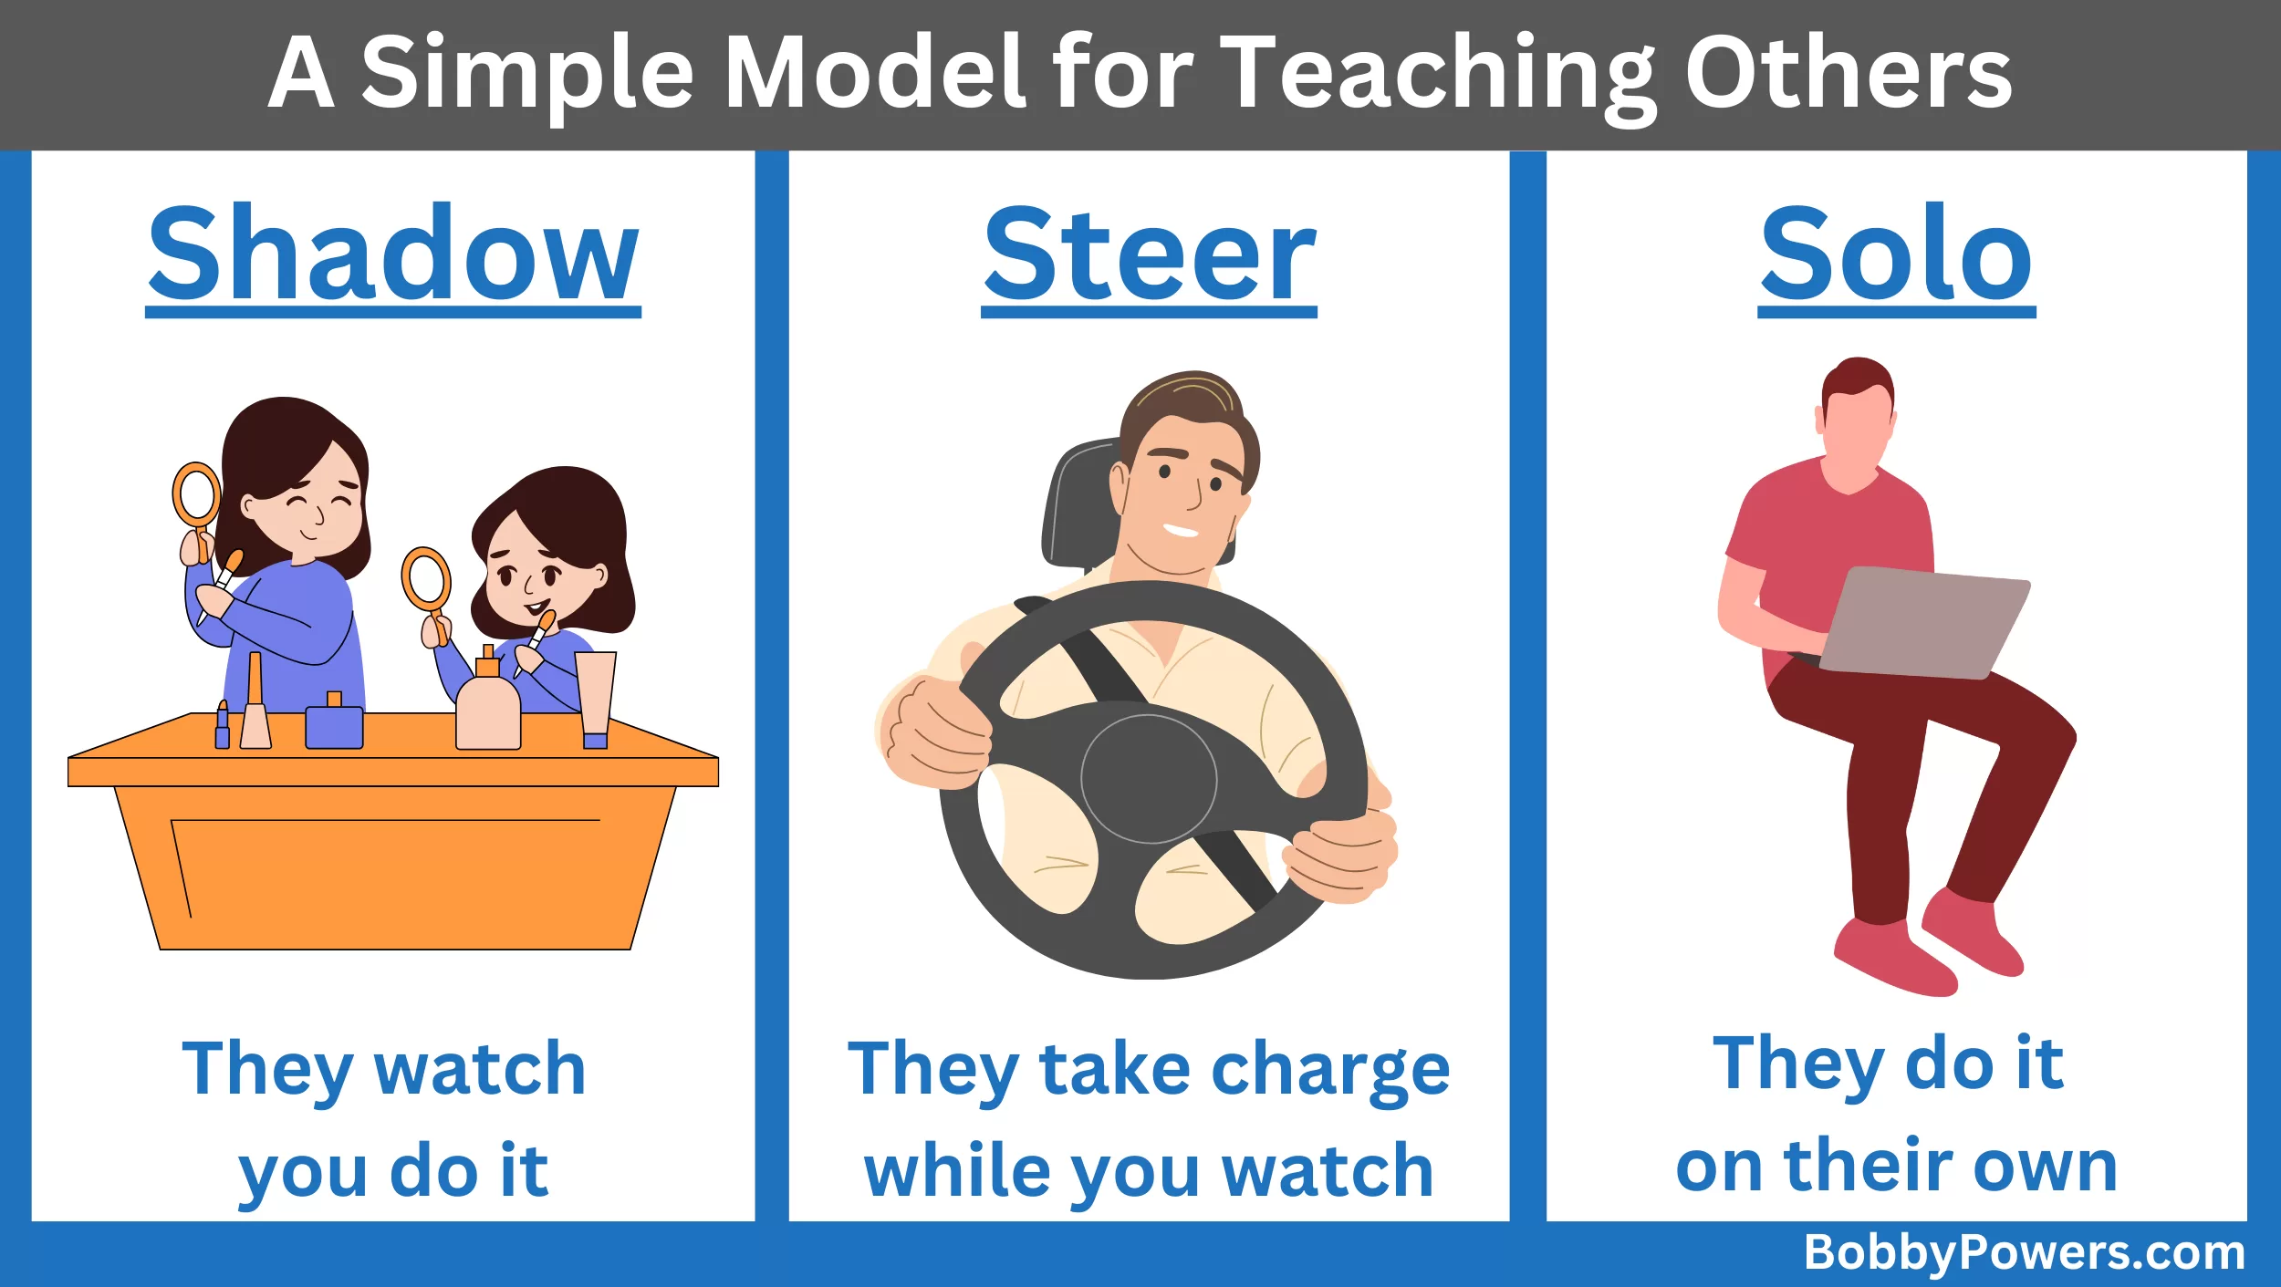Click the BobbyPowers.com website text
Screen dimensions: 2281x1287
click(2024, 1252)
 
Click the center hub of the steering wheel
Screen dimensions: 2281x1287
click(1149, 778)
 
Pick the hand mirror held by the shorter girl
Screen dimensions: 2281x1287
click(427, 588)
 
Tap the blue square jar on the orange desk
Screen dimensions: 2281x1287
click(334, 722)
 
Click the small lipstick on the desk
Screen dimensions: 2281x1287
click(222, 726)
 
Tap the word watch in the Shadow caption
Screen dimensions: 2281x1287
click(480, 1068)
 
